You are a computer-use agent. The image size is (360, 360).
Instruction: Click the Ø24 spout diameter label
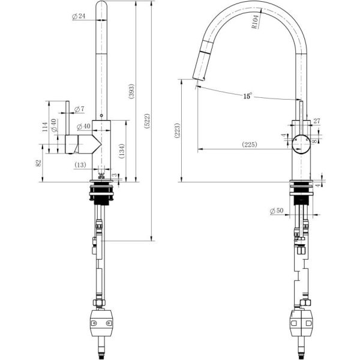point(79,16)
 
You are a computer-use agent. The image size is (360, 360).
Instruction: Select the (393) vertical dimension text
point(131,91)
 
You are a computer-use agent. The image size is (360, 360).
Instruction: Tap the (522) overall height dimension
point(147,121)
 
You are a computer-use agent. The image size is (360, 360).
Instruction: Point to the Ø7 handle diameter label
point(79,109)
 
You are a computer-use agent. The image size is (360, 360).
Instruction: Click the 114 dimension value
point(45,127)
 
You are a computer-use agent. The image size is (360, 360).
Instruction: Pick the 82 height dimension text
point(38,163)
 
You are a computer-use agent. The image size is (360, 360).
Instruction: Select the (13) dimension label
point(80,165)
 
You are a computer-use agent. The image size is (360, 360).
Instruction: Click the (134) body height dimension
point(122,151)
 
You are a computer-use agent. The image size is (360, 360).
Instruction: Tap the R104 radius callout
point(256,22)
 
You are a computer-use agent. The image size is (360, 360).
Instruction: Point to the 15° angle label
point(247,96)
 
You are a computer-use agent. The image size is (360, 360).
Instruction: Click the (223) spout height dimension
point(178,130)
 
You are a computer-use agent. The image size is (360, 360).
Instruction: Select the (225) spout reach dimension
point(250,145)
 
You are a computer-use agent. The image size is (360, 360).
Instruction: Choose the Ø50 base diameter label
point(277,211)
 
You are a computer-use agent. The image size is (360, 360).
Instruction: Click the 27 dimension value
point(317,121)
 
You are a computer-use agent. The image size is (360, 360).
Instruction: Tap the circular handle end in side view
point(301,144)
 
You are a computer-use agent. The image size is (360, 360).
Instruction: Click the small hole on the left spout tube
point(101,115)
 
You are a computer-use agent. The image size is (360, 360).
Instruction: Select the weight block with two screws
point(101,323)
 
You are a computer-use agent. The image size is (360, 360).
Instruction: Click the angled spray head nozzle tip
point(199,79)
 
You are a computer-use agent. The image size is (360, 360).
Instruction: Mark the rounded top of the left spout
point(101,4)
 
